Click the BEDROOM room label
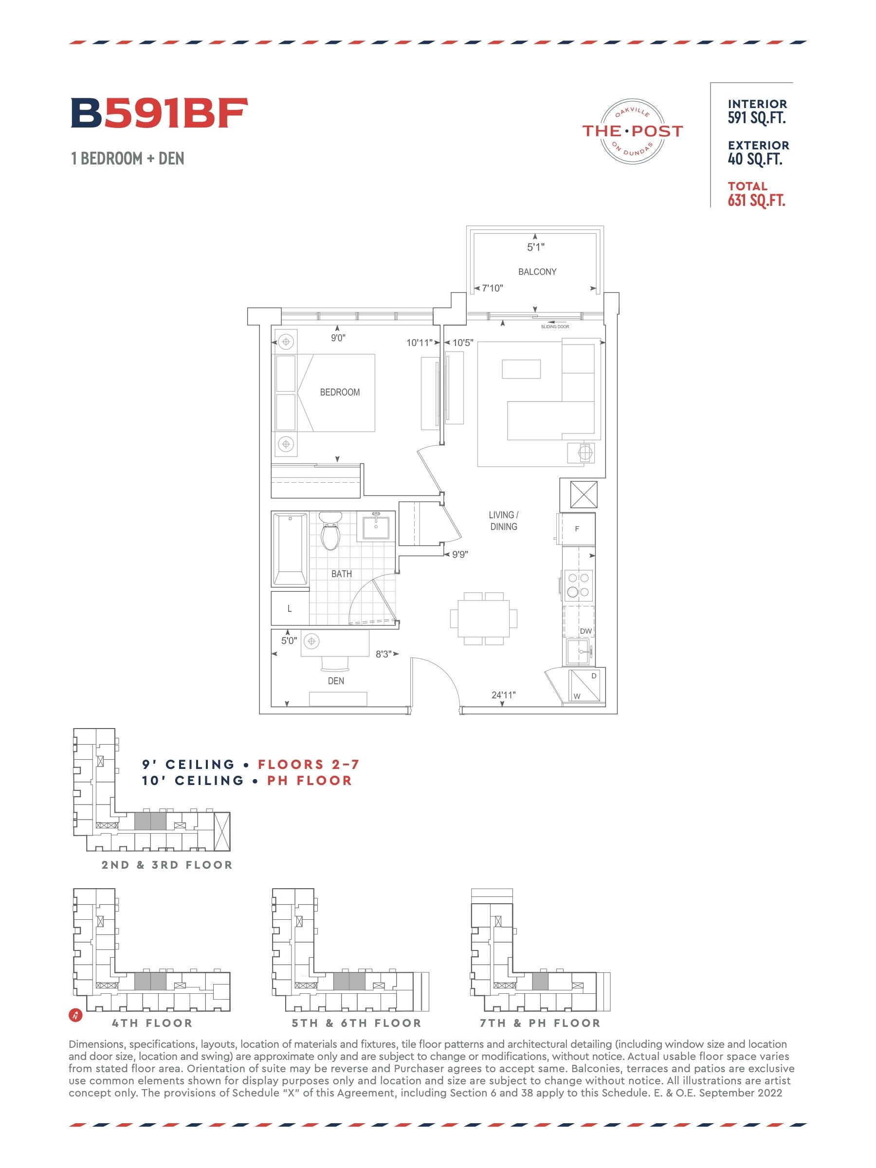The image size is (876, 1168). pyautogui.click(x=340, y=392)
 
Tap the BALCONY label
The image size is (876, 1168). pyautogui.click(x=537, y=272)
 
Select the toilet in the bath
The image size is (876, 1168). pyautogui.click(x=330, y=530)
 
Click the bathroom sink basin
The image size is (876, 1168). pyautogui.click(x=376, y=528)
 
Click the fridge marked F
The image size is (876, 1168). pyautogui.click(x=577, y=529)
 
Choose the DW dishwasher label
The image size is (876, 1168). pyautogui.click(x=585, y=631)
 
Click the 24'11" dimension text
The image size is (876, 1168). pyautogui.click(x=503, y=695)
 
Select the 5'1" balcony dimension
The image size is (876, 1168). pyautogui.click(x=535, y=247)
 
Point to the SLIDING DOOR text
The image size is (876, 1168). pyautogui.click(x=555, y=327)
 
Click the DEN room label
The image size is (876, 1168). pyautogui.click(x=336, y=681)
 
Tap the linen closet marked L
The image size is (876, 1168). pyautogui.click(x=290, y=608)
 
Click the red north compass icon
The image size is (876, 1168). pyautogui.click(x=76, y=1015)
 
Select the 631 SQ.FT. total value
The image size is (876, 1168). pyautogui.click(x=756, y=201)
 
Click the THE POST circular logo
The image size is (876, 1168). pyautogui.click(x=632, y=131)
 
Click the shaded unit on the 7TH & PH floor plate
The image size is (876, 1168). pyautogui.click(x=540, y=981)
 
